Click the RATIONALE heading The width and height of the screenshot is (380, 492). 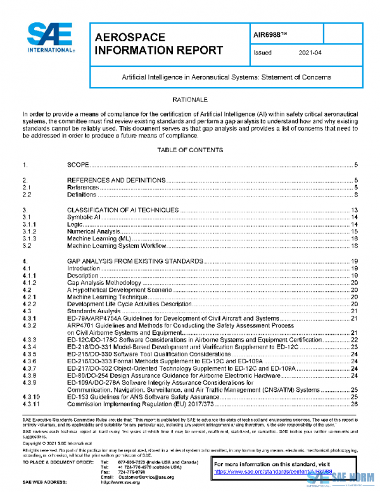[190, 100]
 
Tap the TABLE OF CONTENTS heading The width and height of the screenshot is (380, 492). [190, 150]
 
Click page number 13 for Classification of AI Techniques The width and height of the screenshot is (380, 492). [355, 210]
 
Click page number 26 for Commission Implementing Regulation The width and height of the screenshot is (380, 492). [355, 403]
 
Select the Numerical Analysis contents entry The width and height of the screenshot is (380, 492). [93, 231]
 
